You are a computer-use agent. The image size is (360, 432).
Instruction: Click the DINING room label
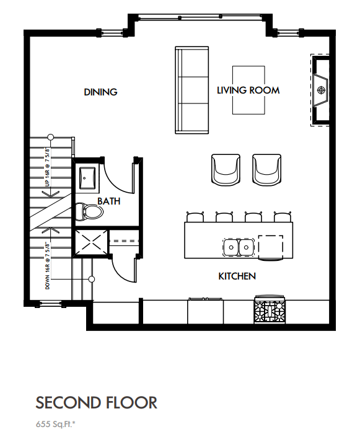point(100,92)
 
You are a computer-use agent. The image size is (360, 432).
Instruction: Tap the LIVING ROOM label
point(248,90)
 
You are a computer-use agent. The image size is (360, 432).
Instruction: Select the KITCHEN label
point(237,276)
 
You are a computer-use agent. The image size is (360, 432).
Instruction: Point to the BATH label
point(108,201)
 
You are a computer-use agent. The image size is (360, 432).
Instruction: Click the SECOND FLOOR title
point(97,402)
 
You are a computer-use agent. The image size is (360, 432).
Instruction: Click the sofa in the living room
point(192,90)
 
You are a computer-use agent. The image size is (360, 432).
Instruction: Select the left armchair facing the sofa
point(226,169)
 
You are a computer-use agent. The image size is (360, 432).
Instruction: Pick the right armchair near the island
point(266,169)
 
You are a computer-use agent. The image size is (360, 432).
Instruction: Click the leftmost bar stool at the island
point(195,217)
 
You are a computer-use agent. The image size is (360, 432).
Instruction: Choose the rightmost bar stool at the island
point(283,217)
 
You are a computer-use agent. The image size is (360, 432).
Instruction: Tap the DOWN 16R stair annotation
point(48,267)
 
